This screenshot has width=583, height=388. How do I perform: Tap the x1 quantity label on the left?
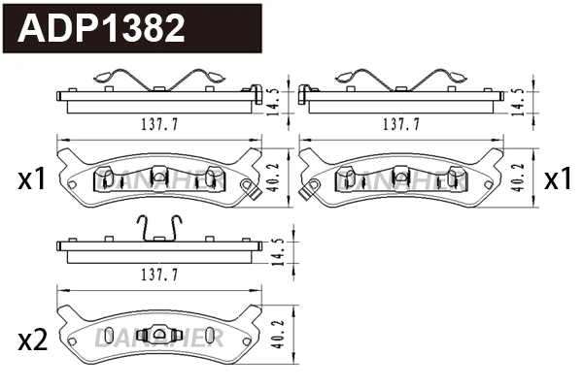(32, 179)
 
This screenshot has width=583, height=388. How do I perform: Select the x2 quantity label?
(32, 339)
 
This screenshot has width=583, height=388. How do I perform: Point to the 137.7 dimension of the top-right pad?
(399, 124)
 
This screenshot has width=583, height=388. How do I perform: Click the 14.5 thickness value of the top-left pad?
(278, 99)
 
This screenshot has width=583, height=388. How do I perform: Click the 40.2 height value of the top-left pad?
(278, 178)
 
